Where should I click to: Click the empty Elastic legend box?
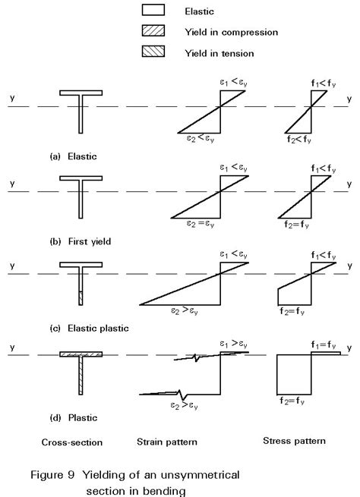[153, 11]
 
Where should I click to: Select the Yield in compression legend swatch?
[153, 31]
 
